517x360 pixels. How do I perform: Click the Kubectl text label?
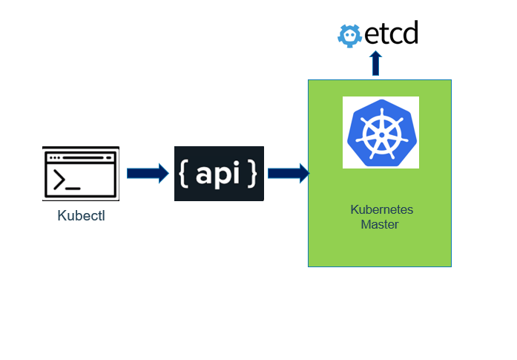pos(82,217)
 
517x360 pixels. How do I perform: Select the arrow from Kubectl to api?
pos(148,173)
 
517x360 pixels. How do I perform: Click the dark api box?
pos(219,174)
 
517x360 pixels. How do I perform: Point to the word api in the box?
pos(220,173)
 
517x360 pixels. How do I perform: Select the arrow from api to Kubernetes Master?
pos(288,173)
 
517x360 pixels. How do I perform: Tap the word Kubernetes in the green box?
pos(381,209)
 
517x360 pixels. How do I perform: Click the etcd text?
pos(391,34)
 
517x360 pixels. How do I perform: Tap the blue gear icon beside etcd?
pos(349,35)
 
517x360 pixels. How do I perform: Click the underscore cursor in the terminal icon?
pos(73,188)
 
